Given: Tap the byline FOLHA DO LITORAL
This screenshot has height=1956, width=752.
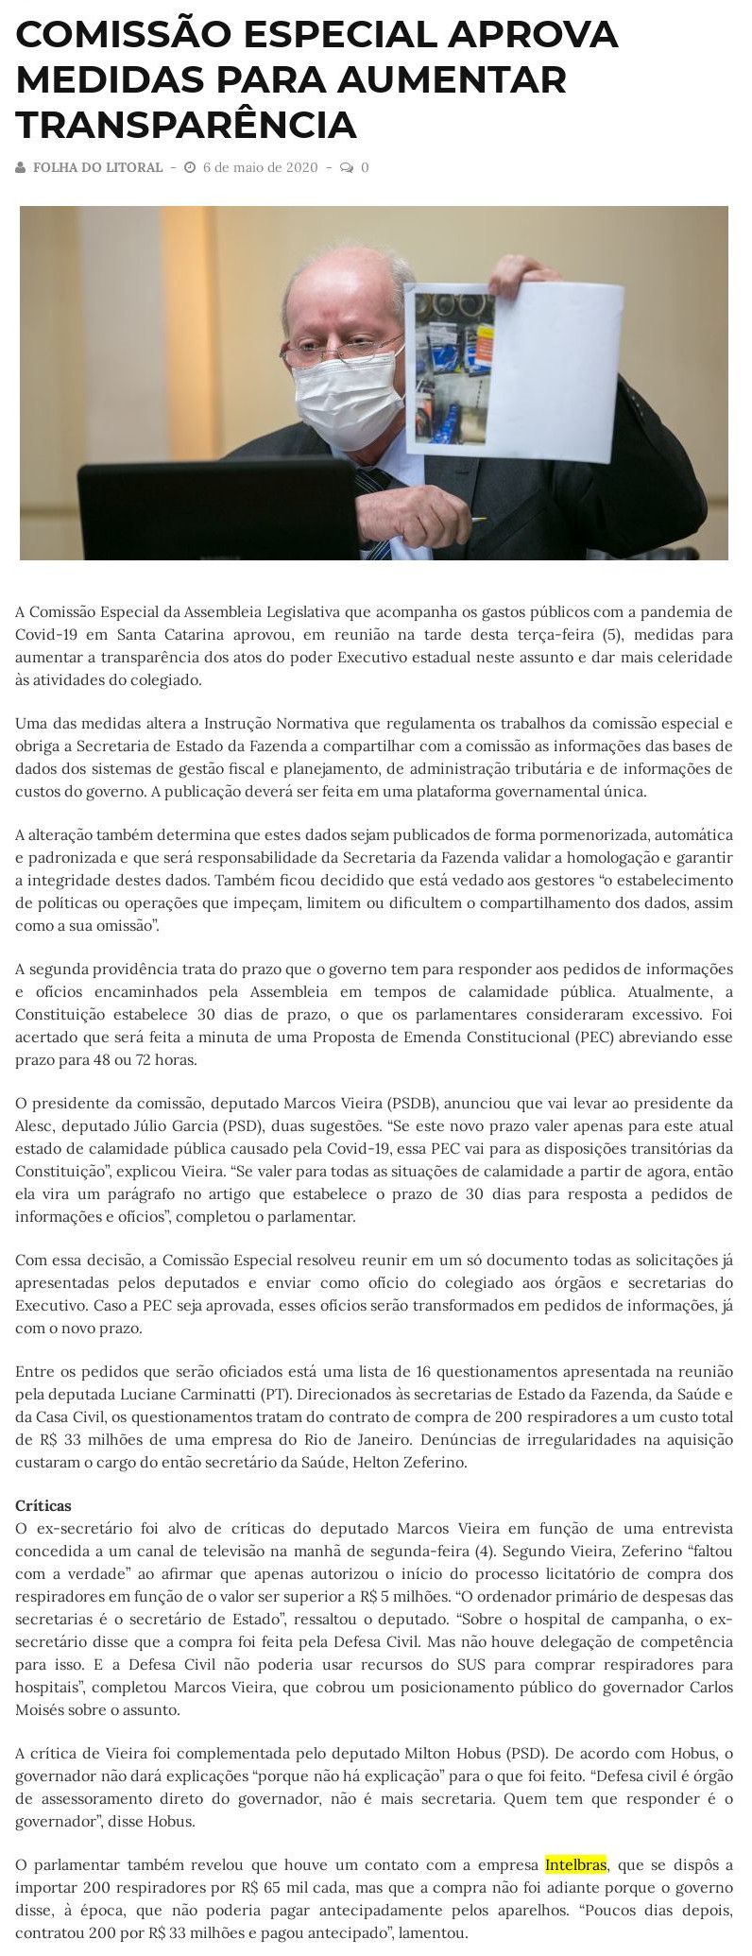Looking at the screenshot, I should [x=97, y=167].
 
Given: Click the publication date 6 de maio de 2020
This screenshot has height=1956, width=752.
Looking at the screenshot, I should [x=260, y=167].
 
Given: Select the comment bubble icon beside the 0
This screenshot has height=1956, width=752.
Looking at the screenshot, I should [x=347, y=167].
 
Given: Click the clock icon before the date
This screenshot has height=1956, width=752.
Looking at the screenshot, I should [x=190, y=167].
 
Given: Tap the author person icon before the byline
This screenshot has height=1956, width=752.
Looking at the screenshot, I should [x=21, y=167].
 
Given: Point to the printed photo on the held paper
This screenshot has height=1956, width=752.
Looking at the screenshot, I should [x=450, y=359].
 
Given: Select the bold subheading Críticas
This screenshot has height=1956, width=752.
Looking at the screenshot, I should [x=43, y=1504].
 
